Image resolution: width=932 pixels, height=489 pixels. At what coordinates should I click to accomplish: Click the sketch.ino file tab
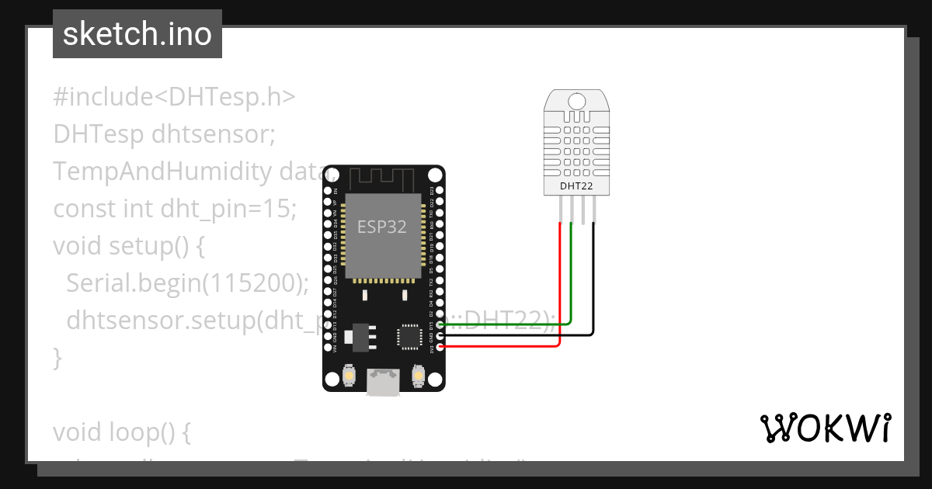[x=137, y=34]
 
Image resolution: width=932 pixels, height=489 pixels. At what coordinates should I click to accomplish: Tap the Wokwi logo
[x=824, y=428]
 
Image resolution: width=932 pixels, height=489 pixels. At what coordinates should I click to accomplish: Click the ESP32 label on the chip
[x=381, y=227]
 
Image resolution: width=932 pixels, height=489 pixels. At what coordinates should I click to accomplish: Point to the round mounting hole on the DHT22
[x=577, y=101]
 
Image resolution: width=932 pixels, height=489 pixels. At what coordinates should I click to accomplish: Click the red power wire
[x=559, y=295]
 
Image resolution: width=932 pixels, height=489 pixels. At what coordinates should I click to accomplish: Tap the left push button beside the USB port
[x=350, y=376]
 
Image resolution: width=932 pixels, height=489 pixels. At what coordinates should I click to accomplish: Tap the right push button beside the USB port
[x=418, y=376]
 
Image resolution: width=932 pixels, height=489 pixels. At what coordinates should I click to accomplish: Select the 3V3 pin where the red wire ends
[x=440, y=347]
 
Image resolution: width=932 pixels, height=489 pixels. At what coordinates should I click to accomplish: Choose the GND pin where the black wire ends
[x=440, y=335]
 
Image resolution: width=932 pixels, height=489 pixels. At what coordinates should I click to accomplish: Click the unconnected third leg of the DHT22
[x=582, y=209]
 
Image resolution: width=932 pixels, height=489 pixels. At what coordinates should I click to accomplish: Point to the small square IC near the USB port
[x=409, y=337]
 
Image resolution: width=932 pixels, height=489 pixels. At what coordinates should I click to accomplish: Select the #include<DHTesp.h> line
[x=175, y=97]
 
